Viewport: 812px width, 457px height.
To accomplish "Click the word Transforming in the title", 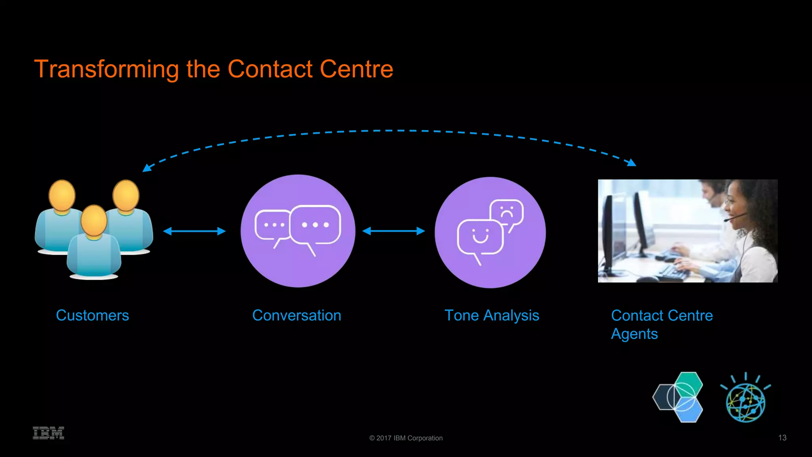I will [x=106, y=69].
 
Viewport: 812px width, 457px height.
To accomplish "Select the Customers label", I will [x=92, y=315].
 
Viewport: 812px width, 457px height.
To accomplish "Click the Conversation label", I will [x=297, y=315].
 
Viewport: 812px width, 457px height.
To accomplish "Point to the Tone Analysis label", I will [x=492, y=315].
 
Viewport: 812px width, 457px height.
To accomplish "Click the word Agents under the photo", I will [x=634, y=334].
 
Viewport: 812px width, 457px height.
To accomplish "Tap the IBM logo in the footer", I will [x=48, y=433].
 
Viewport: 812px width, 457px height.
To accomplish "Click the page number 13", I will [x=782, y=438].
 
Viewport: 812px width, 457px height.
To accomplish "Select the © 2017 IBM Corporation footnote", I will [x=406, y=438].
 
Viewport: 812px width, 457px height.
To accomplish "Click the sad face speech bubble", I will [x=507, y=213].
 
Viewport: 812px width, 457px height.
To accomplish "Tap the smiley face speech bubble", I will [x=480, y=237].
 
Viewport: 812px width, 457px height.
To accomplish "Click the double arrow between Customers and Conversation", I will [x=194, y=231].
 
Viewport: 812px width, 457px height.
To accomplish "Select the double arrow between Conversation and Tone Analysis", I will [x=393, y=231].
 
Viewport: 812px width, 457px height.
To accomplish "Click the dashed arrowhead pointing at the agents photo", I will [x=631, y=162].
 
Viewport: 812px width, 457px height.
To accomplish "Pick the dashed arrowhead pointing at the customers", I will [x=147, y=168].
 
